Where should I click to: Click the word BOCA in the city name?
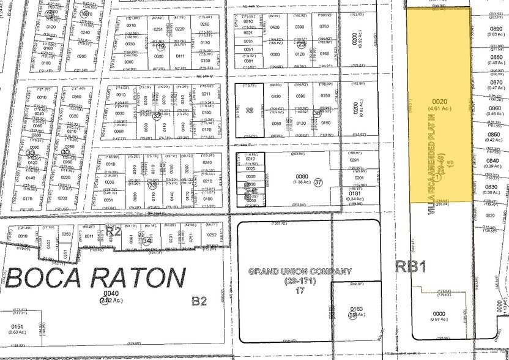46,279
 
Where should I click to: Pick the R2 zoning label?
113,231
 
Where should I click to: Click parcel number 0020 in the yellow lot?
440,102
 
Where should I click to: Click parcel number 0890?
496,28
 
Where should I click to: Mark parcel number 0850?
493,134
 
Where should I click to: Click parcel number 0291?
357,160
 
